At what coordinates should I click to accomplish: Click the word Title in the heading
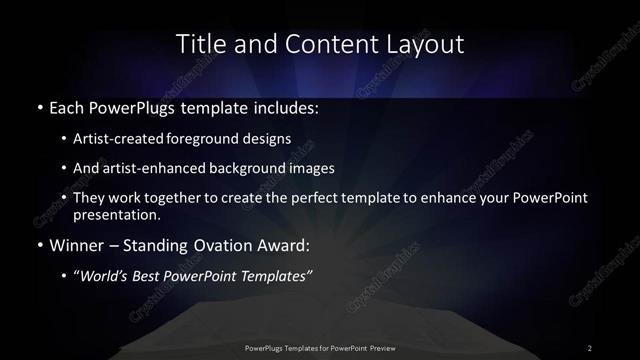[200, 44]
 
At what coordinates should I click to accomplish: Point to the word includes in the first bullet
[287, 106]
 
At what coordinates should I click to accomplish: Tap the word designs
[269, 139]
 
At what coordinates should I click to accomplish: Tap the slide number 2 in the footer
[590, 348]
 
